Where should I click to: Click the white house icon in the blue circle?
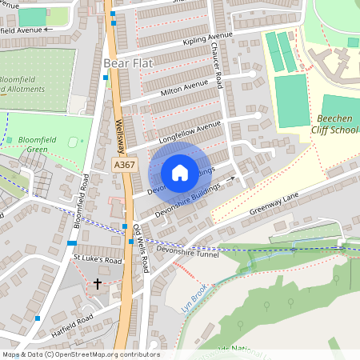[180, 172]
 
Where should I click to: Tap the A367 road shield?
[123, 165]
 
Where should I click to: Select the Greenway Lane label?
[272, 208]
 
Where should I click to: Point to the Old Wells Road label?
[141, 249]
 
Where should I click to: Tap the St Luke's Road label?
[97, 260]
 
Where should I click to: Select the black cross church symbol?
[98, 284]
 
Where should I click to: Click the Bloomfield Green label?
[24, 144]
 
